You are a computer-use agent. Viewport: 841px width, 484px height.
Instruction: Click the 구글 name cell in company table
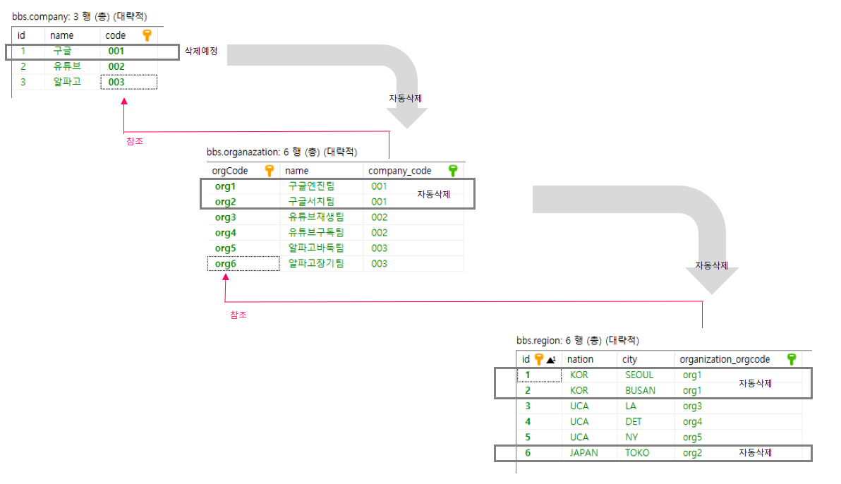point(63,51)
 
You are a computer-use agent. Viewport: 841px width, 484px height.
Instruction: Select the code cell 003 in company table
point(117,83)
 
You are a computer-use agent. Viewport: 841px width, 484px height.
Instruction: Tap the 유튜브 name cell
point(67,66)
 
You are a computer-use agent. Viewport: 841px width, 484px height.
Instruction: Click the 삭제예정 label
point(201,52)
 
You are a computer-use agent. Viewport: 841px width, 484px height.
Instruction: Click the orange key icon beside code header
point(147,35)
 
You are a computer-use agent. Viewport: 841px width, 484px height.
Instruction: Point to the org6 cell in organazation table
point(226,264)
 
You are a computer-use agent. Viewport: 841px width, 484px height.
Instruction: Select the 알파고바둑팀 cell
point(315,248)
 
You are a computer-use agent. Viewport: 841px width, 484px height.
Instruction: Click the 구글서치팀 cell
point(311,202)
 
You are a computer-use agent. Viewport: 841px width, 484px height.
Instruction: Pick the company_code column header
point(399,171)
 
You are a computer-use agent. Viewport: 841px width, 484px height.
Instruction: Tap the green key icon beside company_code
point(453,171)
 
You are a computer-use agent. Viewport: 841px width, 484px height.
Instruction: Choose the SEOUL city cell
point(639,375)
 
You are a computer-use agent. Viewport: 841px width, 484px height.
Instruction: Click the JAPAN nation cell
point(583,453)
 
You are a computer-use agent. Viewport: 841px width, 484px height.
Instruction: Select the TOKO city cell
point(637,453)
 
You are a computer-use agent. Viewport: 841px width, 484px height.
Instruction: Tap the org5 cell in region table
point(692,437)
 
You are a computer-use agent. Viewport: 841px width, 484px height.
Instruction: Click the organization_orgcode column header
point(725,360)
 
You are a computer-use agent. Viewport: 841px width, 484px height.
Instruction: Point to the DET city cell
point(633,422)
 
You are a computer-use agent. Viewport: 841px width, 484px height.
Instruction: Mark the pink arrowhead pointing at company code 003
point(124,102)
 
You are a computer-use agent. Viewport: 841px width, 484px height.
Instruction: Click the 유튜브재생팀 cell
point(315,217)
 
